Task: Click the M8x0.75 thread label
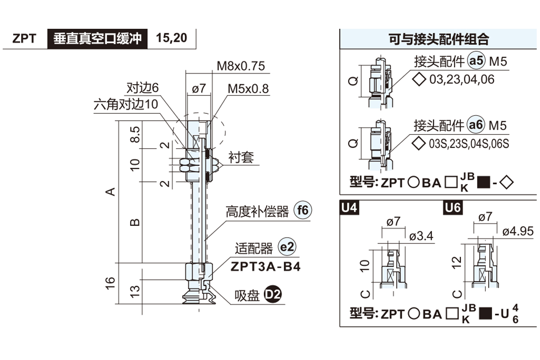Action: click(x=241, y=66)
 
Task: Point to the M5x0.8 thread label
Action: click(x=248, y=89)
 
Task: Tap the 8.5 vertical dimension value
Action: click(x=135, y=134)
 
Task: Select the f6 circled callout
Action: click(x=302, y=210)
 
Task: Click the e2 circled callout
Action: click(x=287, y=247)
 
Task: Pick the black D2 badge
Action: click(x=273, y=294)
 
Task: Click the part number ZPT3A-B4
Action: click(x=265, y=267)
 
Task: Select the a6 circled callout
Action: click(x=476, y=125)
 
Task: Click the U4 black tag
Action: click(x=349, y=207)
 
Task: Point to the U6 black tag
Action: click(x=453, y=207)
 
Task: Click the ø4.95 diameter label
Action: click(x=518, y=231)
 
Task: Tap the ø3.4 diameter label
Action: click(x=421, y=236)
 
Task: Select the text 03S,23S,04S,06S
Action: click(x=469, y=144)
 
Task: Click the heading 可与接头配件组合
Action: click(x=439, y=39)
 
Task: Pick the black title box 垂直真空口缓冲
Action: click(x=97, y=39)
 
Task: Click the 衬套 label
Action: click(x=241, y=157)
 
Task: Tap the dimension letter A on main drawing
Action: click(x=110, y=192)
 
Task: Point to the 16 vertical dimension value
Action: click(x=110, y=283)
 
